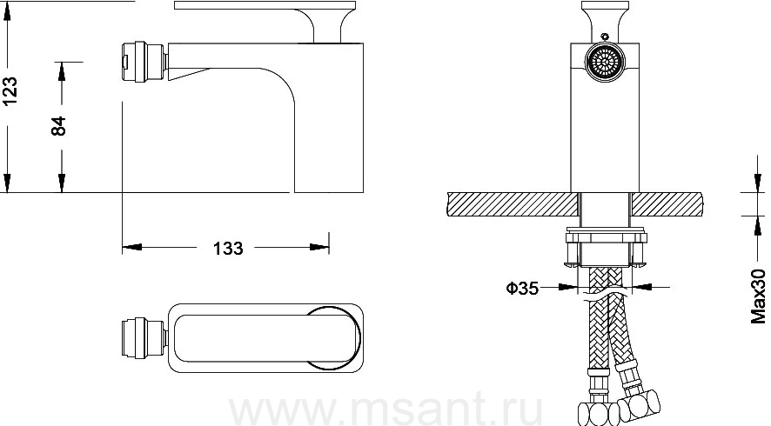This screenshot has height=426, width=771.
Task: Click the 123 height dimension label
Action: point(10,90)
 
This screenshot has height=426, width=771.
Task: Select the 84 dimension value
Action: point(58,126)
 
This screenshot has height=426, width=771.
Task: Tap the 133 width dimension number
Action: point(228,248)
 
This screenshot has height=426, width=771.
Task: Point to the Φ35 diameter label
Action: point(522,288)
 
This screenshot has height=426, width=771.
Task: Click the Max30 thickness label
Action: point(758,296)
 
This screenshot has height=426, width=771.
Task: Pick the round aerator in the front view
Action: point(605,63)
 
